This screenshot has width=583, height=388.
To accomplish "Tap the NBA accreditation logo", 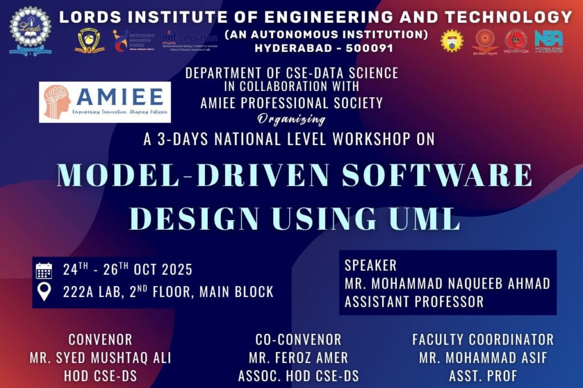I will [x=549, y=41].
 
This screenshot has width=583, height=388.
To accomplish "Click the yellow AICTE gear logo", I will [x=452, y=41].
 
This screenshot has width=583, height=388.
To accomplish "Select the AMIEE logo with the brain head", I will [x=105, y=102].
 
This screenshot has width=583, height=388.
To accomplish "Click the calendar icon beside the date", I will [x=44, y=270].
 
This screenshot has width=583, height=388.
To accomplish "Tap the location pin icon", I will [x=44, y=292].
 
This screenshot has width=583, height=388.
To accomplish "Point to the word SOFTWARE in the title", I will [x=435, y=176].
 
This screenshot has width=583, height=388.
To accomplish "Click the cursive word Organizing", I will [x=291, y=119].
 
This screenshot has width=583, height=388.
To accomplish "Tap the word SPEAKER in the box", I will [x=371, y=266].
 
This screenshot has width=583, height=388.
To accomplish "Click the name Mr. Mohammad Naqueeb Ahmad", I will [x=447, y=283].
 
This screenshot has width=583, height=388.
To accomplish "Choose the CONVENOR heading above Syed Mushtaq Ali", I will [x=100, y=340].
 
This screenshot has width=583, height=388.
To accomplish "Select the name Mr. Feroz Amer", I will [x=298, y=358].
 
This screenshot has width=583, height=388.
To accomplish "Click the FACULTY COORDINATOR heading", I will [x=483, y=340].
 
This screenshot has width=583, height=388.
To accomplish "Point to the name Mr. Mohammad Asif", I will [x=483, y=358].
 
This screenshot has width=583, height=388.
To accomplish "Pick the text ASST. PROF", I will [x=483, y=377].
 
